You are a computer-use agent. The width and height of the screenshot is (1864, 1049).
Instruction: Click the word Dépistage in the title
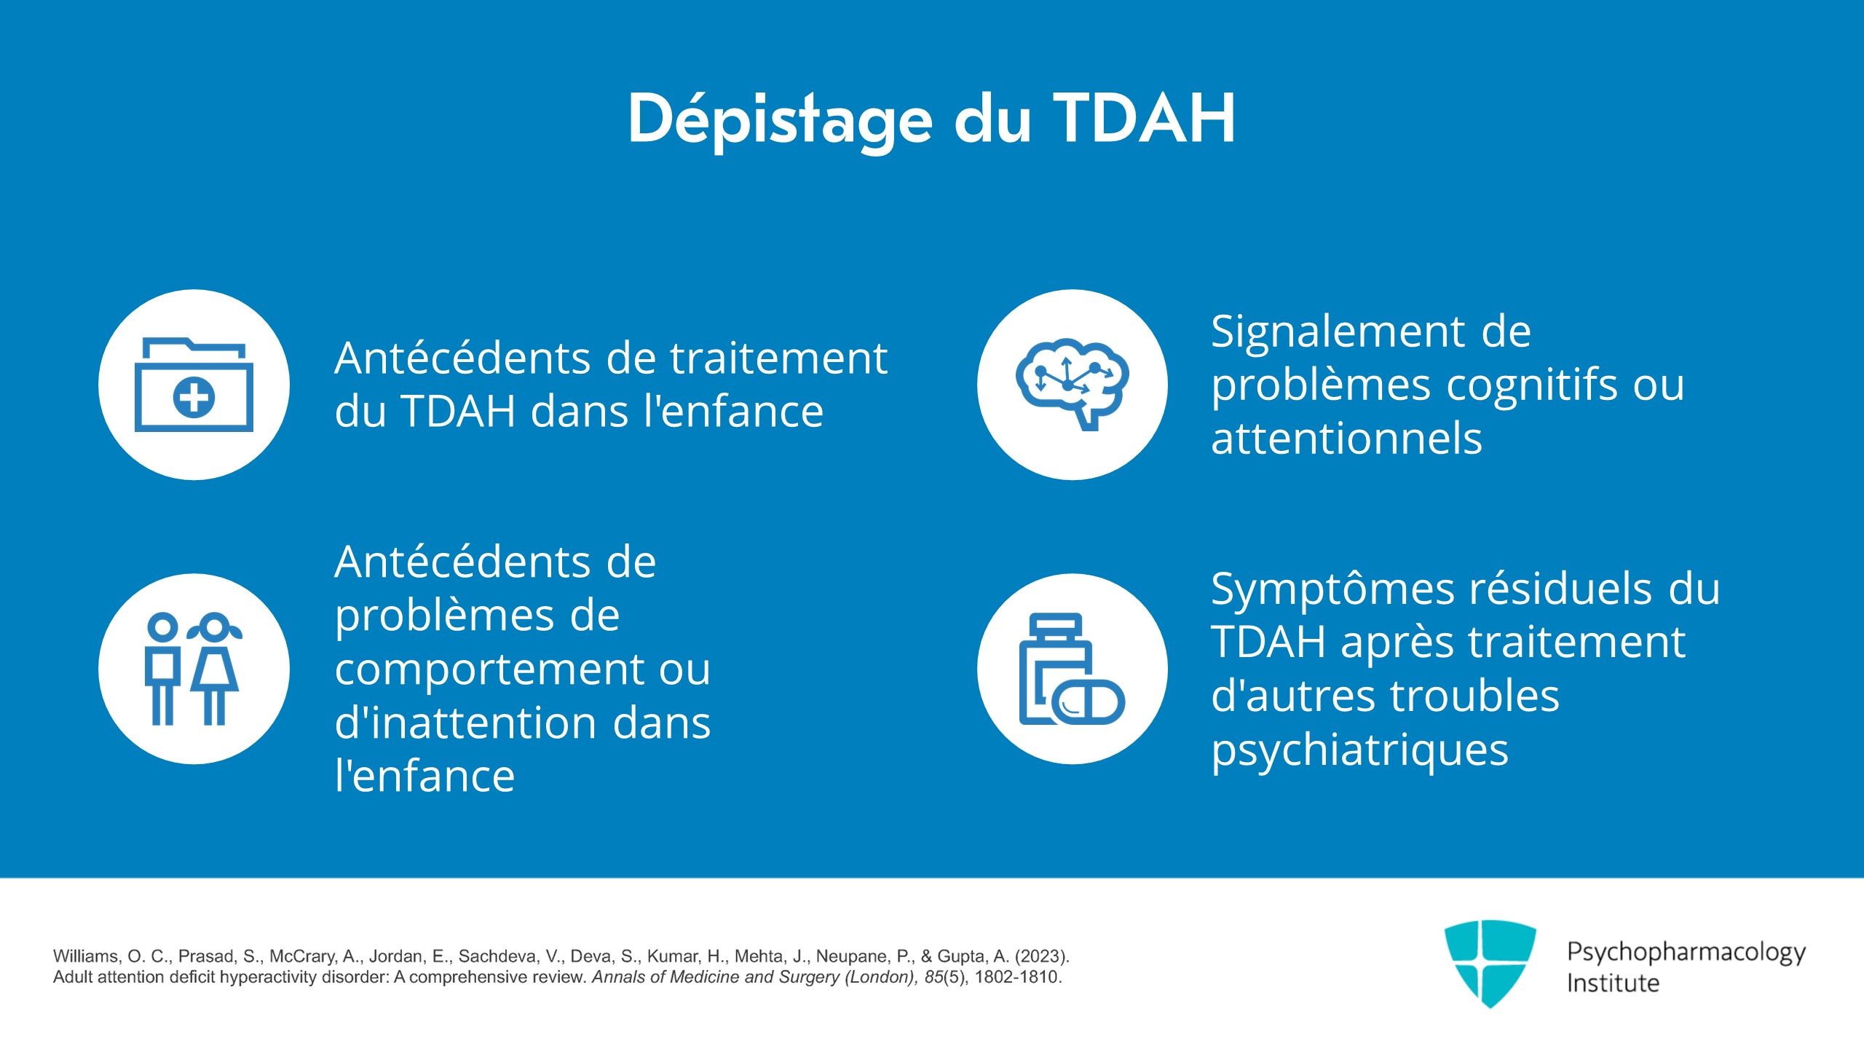780,121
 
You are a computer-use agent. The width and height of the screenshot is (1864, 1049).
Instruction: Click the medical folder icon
194,384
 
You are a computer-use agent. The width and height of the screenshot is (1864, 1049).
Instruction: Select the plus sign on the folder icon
194,398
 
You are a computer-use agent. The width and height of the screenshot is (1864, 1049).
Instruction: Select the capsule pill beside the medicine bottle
1089,702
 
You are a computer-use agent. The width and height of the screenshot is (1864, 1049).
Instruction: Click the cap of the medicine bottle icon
1056,624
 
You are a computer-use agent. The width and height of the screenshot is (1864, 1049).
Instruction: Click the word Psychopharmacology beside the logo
1686,953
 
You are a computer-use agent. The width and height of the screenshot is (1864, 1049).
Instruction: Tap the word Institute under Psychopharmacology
1613,983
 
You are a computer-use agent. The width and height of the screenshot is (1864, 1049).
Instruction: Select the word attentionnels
1346,439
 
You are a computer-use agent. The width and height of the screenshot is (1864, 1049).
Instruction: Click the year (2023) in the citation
1041,956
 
